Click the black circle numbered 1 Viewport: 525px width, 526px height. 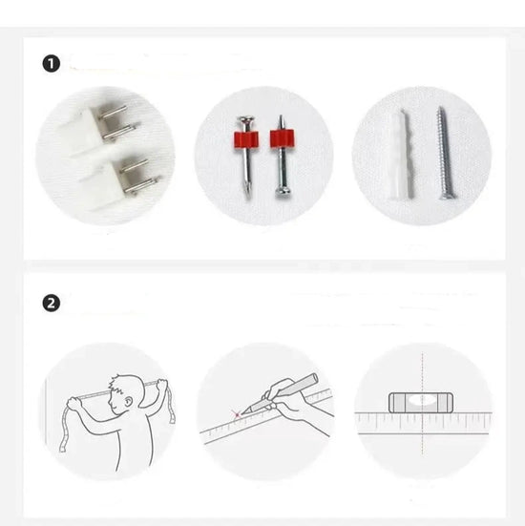pos(51,64)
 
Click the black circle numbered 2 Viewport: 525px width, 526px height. pos(51,304)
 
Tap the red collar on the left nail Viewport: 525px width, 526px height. pos(246,139)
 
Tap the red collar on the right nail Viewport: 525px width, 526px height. pos(282,138)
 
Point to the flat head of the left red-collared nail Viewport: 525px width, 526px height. pos(246,119)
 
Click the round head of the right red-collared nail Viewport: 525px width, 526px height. pos(283,193)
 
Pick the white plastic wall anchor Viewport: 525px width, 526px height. pos(402,155)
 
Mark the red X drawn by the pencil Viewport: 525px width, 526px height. pos(237,415)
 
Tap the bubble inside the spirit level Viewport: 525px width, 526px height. pos(421,400)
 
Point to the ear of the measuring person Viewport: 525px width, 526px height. pos(128,402)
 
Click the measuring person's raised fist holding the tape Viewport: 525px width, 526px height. pos(161,384)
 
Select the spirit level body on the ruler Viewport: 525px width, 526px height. pos(421,403)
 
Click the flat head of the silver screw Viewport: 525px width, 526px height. pos(446,196)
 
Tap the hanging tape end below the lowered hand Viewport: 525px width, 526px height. pos(65,431)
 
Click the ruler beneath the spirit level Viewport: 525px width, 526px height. pos(424,423)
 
